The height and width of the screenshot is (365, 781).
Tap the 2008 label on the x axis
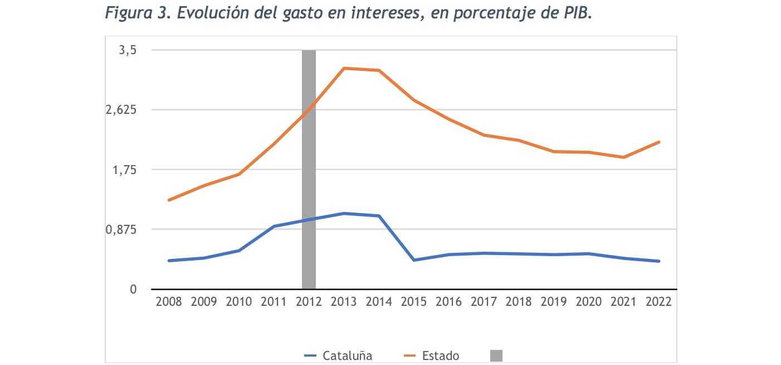point(169,302)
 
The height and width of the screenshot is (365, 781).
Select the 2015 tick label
point(414,302)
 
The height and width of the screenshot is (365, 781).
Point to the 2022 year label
point(659,302)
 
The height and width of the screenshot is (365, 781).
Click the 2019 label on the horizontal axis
point(554,302)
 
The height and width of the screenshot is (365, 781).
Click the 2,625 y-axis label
point(121,110)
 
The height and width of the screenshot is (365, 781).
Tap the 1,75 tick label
point(125,170)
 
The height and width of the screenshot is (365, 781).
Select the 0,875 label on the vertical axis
point(121,229)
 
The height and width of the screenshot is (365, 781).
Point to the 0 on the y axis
point(133,289)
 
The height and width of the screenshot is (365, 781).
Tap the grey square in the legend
point(496,356)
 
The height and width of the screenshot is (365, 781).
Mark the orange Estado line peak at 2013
point(344,68)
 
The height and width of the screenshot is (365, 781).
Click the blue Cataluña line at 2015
point(414,260)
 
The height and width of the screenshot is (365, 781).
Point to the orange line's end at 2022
point(659,142)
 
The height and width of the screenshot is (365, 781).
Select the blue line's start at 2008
point(169,261)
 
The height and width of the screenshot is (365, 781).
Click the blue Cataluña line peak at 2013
point(344,213)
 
